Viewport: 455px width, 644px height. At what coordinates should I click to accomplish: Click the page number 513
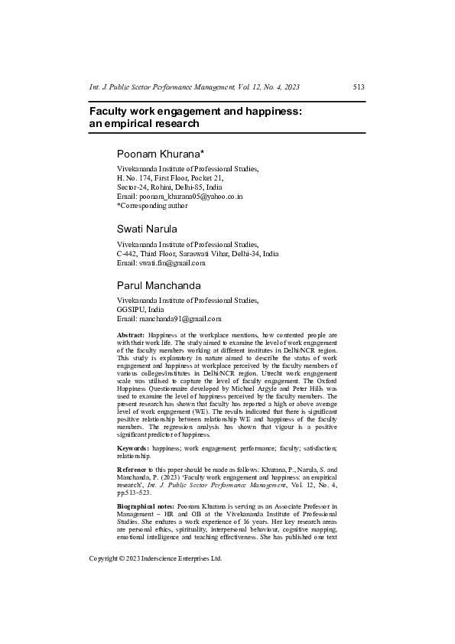[358, 87]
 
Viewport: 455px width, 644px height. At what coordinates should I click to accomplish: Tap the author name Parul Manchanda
[158, 285]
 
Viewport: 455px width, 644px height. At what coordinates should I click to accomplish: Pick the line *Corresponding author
[151, 206]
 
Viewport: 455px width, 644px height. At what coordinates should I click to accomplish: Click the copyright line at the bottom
[155, 559]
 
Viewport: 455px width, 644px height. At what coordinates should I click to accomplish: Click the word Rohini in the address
[160, 187]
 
